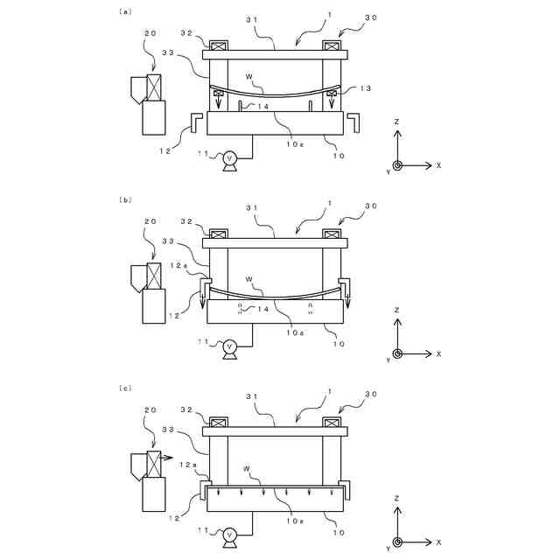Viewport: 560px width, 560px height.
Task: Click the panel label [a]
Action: tap(124, 12)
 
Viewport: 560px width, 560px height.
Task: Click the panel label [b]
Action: tap(124, 199)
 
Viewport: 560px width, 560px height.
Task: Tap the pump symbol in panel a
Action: tap(230, 158)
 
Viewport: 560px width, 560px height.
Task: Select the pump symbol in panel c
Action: tap(230, 534)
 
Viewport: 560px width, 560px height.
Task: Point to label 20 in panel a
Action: tap(150, 34)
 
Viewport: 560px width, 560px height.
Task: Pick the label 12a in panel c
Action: tap(187, 465)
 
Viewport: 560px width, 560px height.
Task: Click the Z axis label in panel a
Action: tap(397, 121)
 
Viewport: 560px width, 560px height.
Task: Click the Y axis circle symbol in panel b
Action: tap(397, 353)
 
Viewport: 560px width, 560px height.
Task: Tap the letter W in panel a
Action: tap(249, 77)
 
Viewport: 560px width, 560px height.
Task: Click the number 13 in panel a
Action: tap(366, 88)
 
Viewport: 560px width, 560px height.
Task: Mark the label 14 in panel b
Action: tap(262, 309)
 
